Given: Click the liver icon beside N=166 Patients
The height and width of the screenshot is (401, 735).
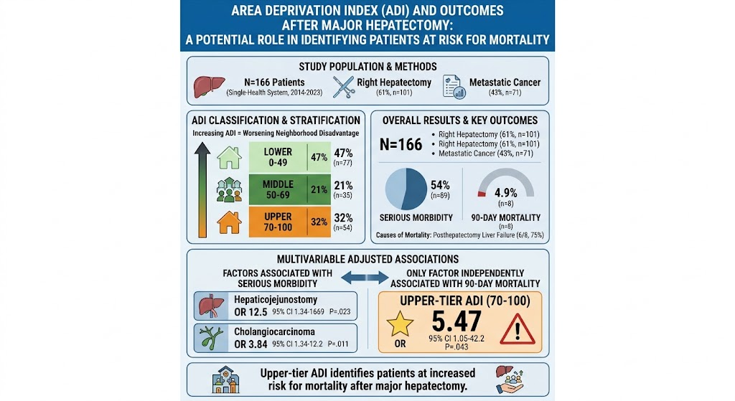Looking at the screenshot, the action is click(209, 87).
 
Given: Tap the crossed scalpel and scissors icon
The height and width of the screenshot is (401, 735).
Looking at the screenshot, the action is click(344, 87).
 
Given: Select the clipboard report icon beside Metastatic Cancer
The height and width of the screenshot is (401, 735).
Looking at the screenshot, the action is click(454, 87).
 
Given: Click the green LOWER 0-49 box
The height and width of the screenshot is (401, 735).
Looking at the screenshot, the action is click(290, 157).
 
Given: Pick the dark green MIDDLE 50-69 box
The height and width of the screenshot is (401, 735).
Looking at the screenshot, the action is click(290, 189).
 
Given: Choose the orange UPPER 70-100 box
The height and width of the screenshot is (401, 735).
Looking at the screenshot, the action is click(290, 222).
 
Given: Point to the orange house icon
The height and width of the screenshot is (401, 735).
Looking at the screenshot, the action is click(229, 222).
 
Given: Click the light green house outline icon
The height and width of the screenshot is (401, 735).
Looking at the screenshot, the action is click(229, 157).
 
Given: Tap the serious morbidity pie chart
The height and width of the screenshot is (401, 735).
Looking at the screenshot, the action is click(406, 189).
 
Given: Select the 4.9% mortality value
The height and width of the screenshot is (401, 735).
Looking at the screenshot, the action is click(506, 192).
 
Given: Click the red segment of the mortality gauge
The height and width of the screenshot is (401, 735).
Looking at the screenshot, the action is click(482, 194).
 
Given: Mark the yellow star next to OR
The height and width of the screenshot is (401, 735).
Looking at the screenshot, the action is click(400, 324).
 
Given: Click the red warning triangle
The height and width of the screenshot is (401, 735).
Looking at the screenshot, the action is click(518, 329).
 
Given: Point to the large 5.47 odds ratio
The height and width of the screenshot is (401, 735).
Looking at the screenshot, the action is click(456, 321).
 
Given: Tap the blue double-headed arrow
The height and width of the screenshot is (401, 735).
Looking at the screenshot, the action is click(365, 278).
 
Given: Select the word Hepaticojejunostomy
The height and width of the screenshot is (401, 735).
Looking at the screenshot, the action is click(276, 299).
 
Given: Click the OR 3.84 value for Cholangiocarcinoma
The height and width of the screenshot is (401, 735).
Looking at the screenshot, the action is click(251, 344).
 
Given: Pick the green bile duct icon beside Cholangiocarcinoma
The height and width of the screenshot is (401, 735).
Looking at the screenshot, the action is click(211, 338).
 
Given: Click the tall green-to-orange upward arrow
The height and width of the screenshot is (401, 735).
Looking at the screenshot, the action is click(202, 189).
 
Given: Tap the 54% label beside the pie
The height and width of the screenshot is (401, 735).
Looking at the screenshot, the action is click(440, 185).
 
